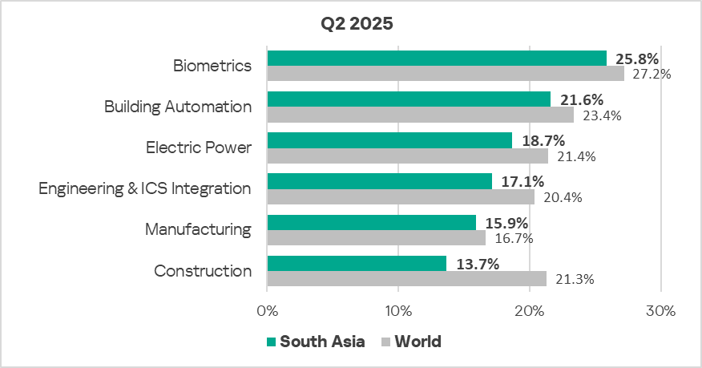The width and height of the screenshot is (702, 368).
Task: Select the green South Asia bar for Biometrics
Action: tap(437, 58)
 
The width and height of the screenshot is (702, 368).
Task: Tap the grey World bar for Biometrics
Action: tap(445, 73)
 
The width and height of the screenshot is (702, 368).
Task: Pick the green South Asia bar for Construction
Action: tap(357, 263)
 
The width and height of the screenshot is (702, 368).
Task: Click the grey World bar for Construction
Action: tap(406, 278)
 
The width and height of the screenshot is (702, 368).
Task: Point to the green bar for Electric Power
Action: tap(389, 140)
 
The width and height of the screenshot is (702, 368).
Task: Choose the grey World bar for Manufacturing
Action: tap(376, 237)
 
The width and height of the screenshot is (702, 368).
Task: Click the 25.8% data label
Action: tap(637, 59)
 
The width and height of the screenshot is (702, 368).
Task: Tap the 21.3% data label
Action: tap(574, 279)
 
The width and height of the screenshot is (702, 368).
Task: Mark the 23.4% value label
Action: tap(601, 115)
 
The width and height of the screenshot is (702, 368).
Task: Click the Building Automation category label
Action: tap(178, 106)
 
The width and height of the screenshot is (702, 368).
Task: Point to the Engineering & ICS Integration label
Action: tap(145, 188)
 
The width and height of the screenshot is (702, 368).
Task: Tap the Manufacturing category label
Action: tap(198, 229)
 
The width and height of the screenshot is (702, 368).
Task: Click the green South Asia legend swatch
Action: tap(271, 342)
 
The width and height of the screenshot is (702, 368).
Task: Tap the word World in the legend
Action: tap(417, 342)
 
